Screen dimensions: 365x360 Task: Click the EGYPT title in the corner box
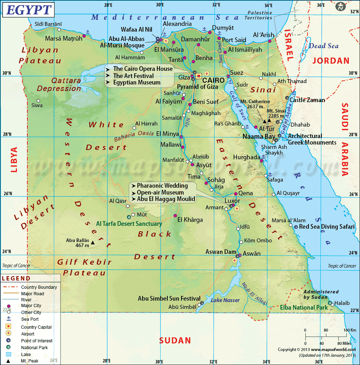pos(28,10)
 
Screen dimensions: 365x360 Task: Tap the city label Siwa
pos(37,105)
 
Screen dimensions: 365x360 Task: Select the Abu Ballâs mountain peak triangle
pos(93,243)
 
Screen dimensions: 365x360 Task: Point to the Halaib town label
pos(342,303)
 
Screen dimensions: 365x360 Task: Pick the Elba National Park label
pos(304,307)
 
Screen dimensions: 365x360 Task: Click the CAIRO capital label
pos(213,80)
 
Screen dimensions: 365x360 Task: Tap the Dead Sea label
pos(324,46)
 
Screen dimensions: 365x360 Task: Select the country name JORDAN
pos(331,61)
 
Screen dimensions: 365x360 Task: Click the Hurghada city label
pos(246,157)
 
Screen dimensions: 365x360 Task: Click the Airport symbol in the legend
pos(8,334)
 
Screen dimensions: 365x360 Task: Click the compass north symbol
pos(339,6)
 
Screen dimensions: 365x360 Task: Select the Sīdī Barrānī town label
pos(48,24)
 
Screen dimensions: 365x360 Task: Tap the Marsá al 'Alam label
pos(289,220)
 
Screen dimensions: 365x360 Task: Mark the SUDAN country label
pos(175,340)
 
